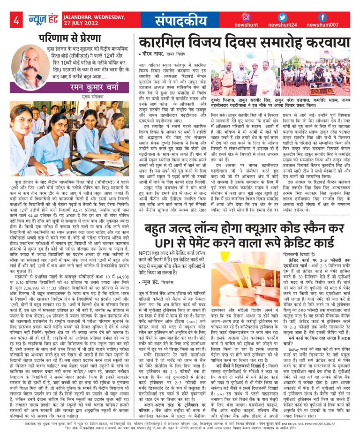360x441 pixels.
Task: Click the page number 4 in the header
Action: click(x=16, y=20)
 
